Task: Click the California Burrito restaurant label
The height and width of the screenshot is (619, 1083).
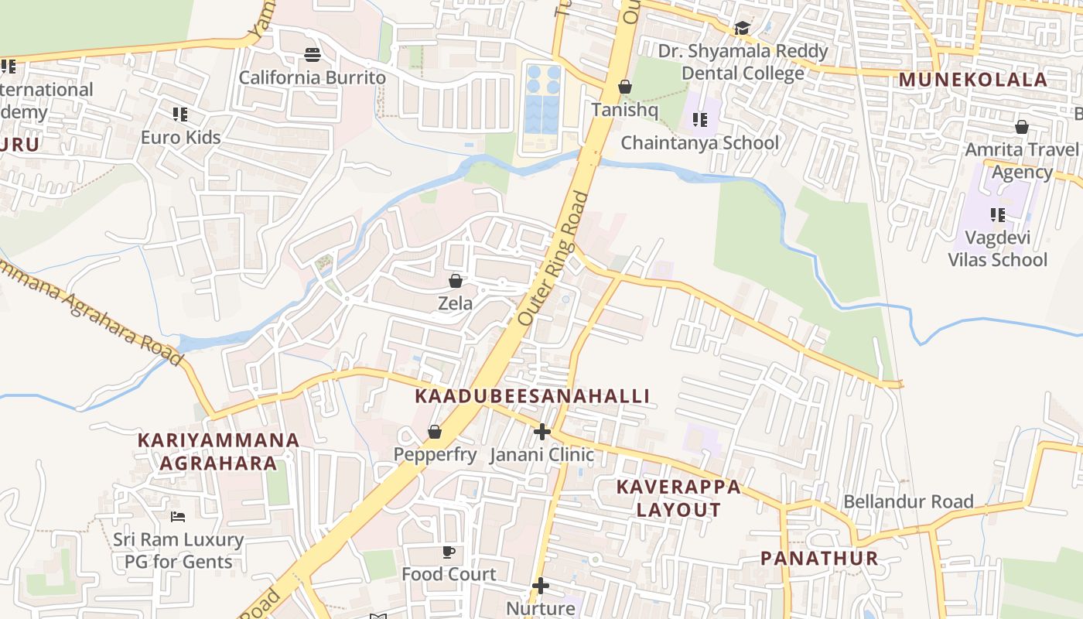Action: pos(312,77)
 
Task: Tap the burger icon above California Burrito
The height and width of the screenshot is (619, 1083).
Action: pos(313,54)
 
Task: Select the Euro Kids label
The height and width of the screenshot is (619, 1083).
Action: pos(180,138)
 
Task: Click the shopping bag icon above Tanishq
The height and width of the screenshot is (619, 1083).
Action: pos(625,87)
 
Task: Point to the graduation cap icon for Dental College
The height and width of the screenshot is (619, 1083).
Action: pos(743,29)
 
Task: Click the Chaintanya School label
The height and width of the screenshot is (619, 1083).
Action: pos(700,143)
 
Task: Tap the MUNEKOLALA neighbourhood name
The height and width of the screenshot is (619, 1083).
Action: pos(973,79)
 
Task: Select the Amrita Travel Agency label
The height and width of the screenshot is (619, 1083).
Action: pos(1021,160)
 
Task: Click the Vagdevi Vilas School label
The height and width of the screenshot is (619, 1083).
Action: pos(998,248)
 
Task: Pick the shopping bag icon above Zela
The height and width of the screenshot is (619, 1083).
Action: pos(456,280)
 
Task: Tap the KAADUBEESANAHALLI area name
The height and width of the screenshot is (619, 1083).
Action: pos(532,396)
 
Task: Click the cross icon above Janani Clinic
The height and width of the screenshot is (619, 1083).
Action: pos(541,432)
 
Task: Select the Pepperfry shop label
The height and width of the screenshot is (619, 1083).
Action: pos(435,455)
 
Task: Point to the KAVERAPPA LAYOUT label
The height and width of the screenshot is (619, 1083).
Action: pos(678,498)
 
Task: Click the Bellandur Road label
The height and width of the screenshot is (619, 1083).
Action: pos(908,501)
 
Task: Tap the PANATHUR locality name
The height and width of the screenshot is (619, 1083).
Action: pos(819,558)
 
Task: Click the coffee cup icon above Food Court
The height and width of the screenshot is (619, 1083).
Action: pos(449,552)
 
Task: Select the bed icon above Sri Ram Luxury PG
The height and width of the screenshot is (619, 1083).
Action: pos(178,516)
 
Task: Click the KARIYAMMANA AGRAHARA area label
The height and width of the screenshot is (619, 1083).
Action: pos(218,451)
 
